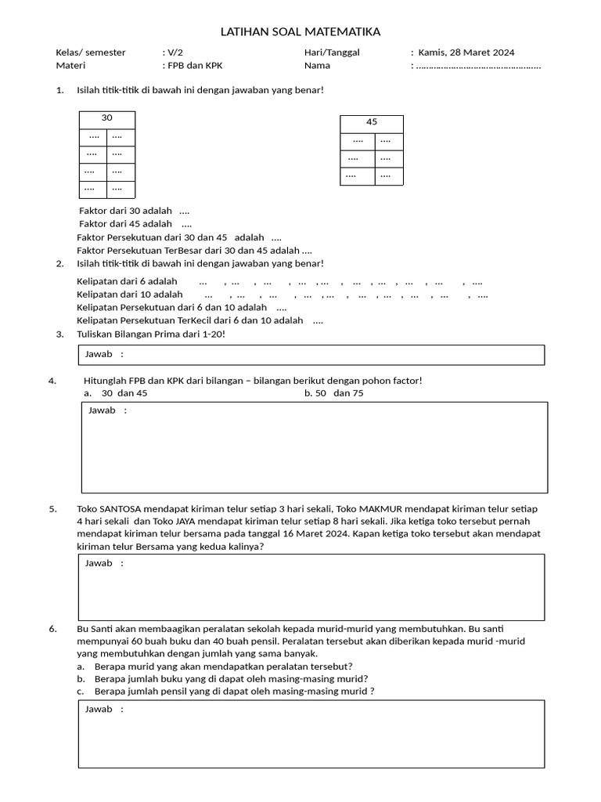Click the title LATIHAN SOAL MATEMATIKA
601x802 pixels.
[300, 32]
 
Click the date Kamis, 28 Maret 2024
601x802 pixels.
[466, 52]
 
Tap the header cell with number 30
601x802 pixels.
[106, 118]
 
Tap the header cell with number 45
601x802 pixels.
[372, 122]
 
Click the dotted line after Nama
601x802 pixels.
[479, 67]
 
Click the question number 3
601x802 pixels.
[59, 334]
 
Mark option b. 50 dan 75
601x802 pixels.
[334, 393]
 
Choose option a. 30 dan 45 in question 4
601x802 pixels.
[116, 393]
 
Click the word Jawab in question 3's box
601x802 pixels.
[99, 354]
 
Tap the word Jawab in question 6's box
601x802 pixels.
[99, 709]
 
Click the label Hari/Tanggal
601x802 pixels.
[332, 52]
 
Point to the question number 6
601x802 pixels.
[53, 628]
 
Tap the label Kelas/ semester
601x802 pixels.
[91, 52]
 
